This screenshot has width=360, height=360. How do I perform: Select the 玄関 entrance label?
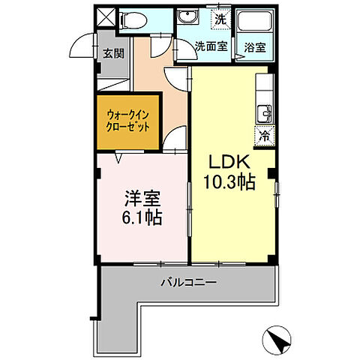114,53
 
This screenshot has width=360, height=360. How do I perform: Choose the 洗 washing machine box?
220,18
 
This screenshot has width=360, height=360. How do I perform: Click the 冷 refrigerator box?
265,136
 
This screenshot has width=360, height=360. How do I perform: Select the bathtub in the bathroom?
253,22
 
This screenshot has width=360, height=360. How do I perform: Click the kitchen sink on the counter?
265,113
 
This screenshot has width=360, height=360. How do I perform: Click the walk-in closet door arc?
174,138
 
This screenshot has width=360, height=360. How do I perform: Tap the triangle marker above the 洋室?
118,157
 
